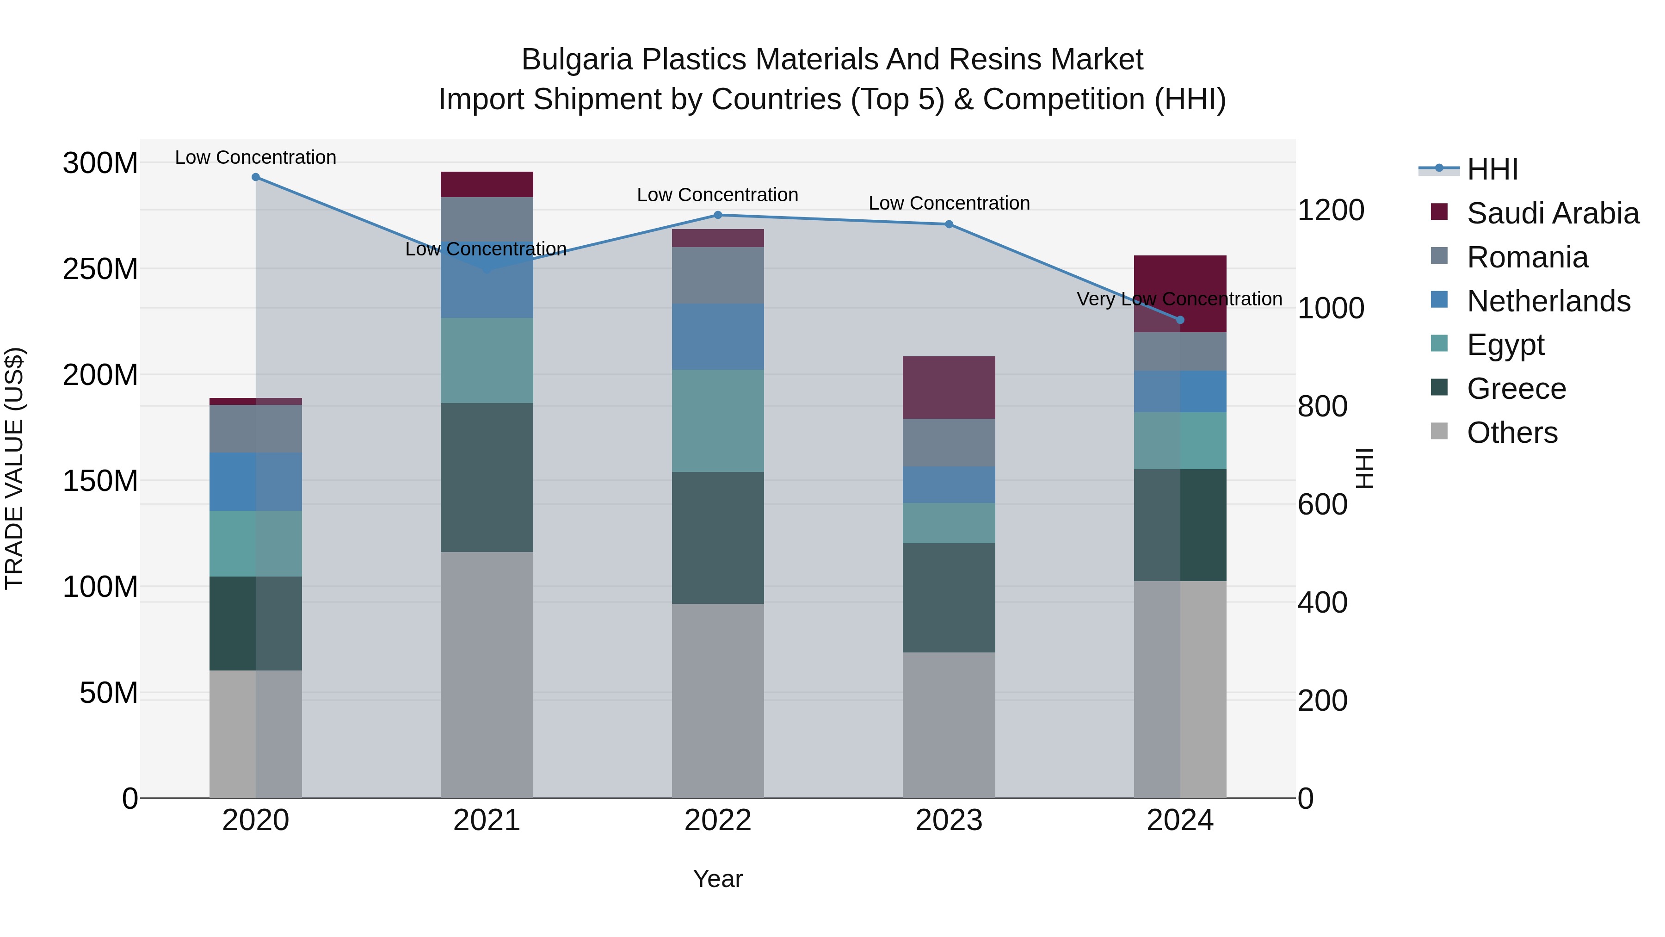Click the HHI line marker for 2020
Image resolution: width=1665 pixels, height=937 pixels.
click(255, 177)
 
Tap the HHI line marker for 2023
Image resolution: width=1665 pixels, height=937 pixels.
click(949, 224)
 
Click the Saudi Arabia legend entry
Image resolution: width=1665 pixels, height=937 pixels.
click(1553, 213)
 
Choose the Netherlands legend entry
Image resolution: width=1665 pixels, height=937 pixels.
click(1548, 301)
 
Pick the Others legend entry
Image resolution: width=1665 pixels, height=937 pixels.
click(1512, 433)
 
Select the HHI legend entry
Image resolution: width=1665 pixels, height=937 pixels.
click(1492, 169)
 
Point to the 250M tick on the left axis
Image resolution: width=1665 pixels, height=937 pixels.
click(100, 269)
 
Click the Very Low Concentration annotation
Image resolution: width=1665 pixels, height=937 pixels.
click(1179, 299)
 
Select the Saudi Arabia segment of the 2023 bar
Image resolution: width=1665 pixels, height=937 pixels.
click(949, 387)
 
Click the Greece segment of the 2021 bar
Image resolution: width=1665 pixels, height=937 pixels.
click(487, 477)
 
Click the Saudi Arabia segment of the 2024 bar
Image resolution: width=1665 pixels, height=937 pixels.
click(1180, 293)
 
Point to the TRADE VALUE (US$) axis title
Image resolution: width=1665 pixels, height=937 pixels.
click(14, 468)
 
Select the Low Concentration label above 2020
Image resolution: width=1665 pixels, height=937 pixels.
click(255, 157)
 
